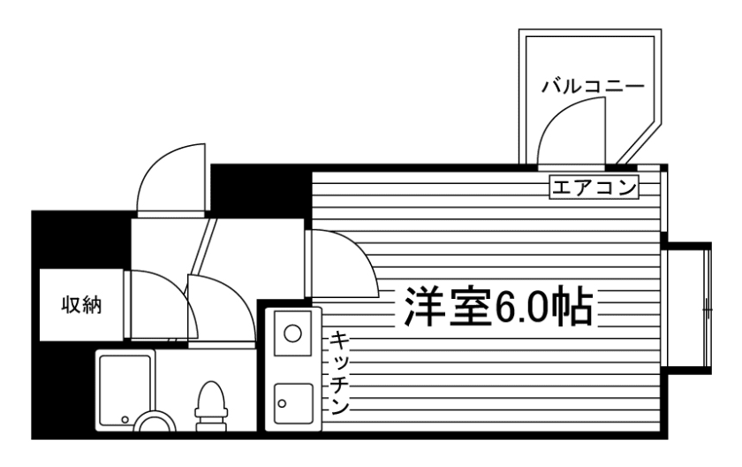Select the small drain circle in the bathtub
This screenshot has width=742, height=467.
click(x=125, y=417)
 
